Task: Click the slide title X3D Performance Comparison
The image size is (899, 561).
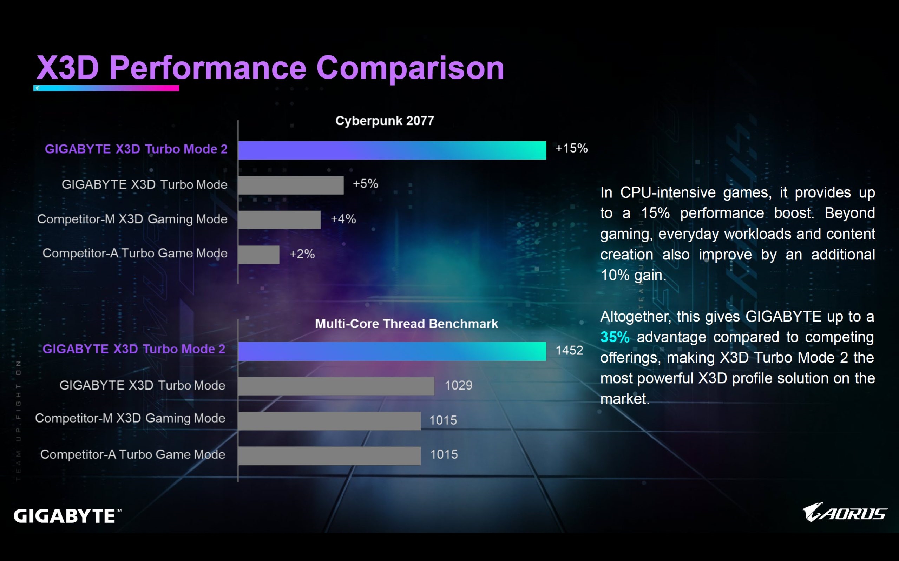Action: coord(270,68)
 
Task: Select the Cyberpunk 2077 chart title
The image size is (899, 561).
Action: coord(385,121)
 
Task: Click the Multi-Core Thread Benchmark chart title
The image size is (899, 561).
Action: coord(406,324)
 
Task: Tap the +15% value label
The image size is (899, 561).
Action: coord(571,148)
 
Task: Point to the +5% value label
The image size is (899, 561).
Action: coord(365,184)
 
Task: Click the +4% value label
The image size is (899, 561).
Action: coord(343,219)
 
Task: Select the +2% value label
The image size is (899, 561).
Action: coord(302,254)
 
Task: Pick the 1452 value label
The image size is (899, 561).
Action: coord(569,350)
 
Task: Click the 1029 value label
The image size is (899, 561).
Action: coord(458,385)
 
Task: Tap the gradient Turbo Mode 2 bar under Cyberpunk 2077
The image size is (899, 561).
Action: coord(392,150)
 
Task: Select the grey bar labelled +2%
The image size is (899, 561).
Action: coord(258,255)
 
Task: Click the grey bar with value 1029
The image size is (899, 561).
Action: coord(336,386)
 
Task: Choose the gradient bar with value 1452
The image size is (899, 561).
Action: coord(392,351)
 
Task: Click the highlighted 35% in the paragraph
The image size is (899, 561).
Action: coord(615,337)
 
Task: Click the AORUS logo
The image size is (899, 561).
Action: coord(844,512)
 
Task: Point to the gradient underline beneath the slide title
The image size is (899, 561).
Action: coord(106,88)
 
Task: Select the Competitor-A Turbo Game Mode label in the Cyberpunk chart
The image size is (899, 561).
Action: coord(134,253)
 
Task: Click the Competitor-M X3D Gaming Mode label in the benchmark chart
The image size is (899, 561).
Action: coord(130,418)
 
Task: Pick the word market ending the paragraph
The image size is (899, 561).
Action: coord(624,399)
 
